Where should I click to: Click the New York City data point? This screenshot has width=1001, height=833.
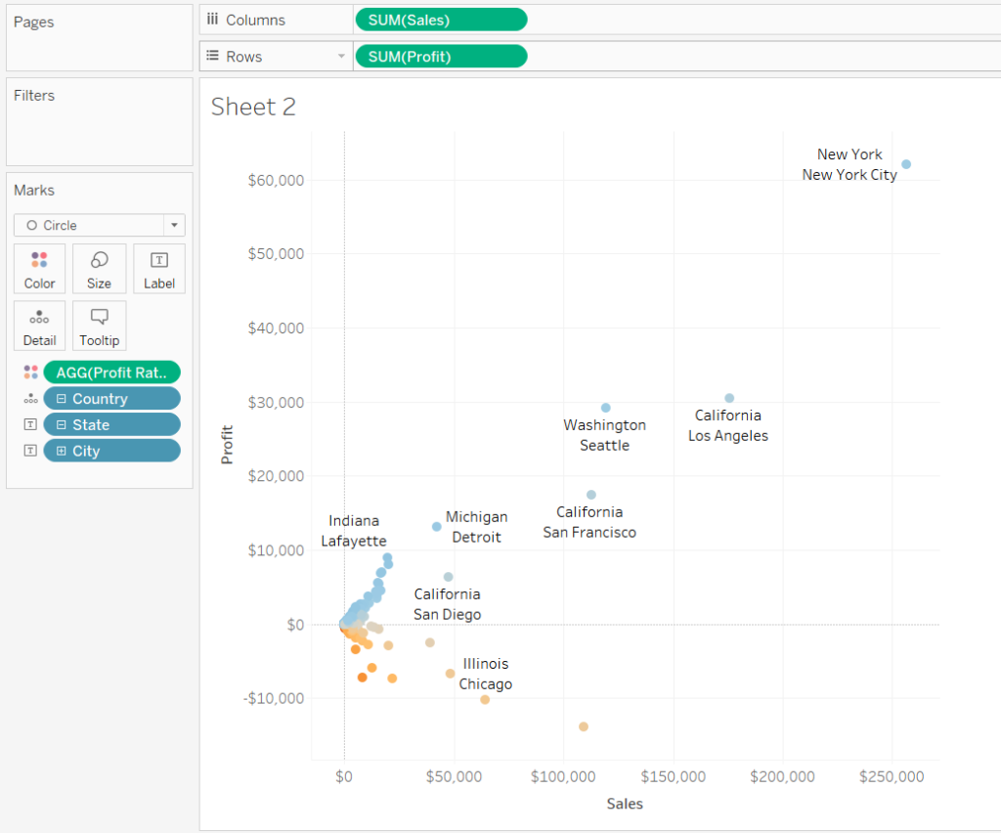click(906, 164)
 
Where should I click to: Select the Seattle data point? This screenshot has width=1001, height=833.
click(605, 408)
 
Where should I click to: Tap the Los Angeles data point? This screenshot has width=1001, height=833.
click(729, 398)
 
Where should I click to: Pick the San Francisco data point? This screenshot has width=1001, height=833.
click(590, 495)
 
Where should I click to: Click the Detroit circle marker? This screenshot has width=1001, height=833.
click(437, 527)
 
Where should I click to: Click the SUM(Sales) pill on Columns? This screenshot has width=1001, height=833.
click(441, 20)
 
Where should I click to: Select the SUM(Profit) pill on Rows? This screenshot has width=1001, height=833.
click(441, 57)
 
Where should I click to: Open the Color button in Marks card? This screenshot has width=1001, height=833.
click(40, 269)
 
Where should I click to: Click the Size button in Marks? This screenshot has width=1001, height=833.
click(99, 269)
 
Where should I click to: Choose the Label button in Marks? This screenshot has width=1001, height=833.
click(158, 269)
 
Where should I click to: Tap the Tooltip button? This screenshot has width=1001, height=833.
click(99, 326)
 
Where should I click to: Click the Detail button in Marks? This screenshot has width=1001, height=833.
click(40, 326)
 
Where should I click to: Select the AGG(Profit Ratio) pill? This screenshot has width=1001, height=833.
click(111, 373)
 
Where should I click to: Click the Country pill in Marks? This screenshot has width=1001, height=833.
click(111, 399)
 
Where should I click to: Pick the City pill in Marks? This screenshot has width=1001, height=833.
click(111, 452)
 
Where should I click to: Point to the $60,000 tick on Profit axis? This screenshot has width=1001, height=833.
click(277, 180)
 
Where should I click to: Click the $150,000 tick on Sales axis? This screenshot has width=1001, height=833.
click(674, 777)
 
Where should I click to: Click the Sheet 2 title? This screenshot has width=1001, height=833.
click(253, 107)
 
